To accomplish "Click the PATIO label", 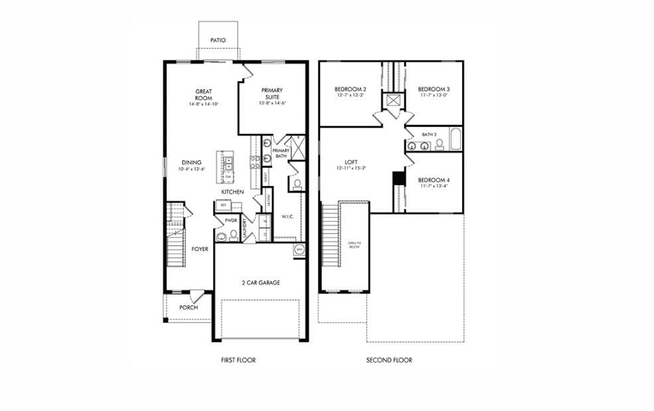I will pyautogui.click(x=218, y=41).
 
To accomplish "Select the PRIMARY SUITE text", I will pyautogui.click(x=272, y=94).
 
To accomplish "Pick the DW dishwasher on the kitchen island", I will pyautogui.click(x=228, y=177).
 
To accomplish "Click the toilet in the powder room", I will pyautogui.click(x=233, y=234).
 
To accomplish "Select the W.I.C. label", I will pyautogui.click(x=287, y=216).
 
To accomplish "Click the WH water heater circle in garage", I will pyautogui.click(x=299, y=250).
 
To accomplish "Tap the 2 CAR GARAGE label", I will pyautogui.click(x=260, y=283).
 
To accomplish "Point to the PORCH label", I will pyautogui.click(x=189, y=307).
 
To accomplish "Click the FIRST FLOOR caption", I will pyautogui.click(x=238, y=361).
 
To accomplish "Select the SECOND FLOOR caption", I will pyautogui.click(x=389, y=361).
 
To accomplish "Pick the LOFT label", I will pyautogui.click(x=351, y=161).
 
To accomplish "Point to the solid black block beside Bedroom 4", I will pyautogui.click(x=398, y=179).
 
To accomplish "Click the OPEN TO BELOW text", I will pyautogui.click(x=354, y=244).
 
